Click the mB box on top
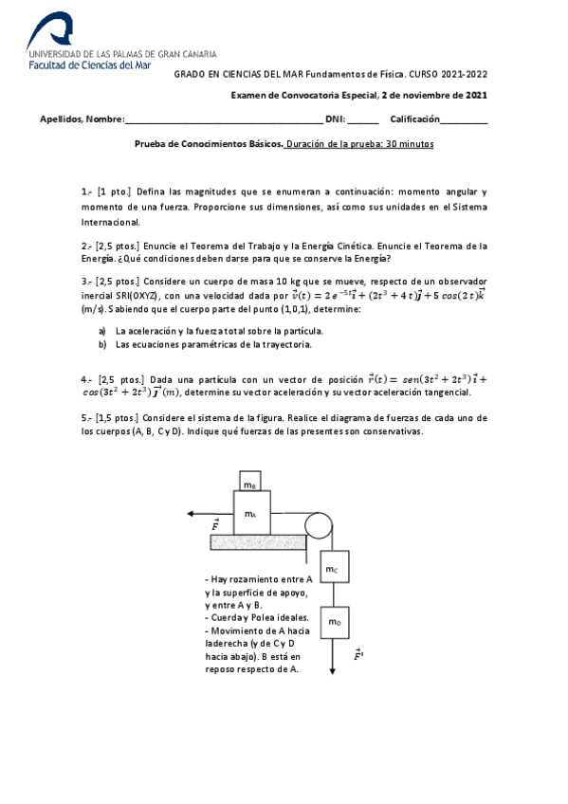point(250,482)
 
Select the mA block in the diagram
point(250,513)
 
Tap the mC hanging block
point(332,569)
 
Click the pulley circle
point(317,524)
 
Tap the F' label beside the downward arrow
point(357,654)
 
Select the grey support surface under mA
point(255,541)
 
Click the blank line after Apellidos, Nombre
point(223,120)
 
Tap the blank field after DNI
point(363,120)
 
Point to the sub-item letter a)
point(102,331)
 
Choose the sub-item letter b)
point(102,345)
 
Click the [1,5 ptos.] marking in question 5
point(119,418)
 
